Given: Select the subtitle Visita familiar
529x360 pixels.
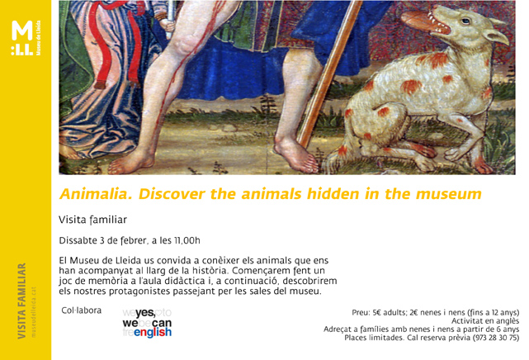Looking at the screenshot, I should point(92,220).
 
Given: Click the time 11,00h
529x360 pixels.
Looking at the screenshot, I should point(185,241).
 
